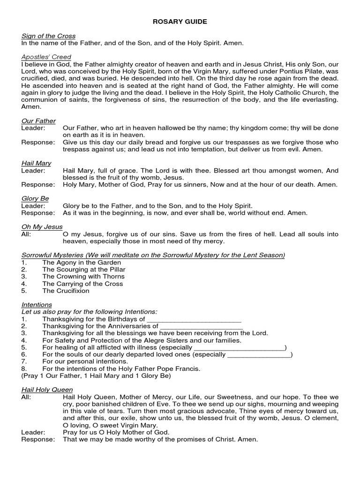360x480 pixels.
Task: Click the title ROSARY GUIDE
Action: pyautogui.click(x=180, y=22)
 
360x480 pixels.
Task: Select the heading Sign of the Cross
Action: pyautogui.click(x=48, y=36)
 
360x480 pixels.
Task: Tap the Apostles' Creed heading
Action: pyautogui.click(x=46, y=57)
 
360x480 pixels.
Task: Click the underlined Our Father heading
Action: pyautogui.click(x=38, y=121)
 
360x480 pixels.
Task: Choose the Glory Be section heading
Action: pyautogui.click(x=35, y=198)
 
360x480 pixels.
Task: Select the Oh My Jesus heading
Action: pyautogui.click(x=42, y=227)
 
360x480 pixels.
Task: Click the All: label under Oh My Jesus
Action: pyautogui.click(x=26, y=234)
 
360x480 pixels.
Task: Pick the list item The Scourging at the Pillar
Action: pyautogui.click(x=84, y=270)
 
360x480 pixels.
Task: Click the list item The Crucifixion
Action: pyautogui.click(x=66, y=291)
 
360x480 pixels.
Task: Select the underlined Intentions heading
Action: pyautogui.click(x=37, y=305)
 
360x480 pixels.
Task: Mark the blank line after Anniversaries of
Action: pyautogui.click(x=201, y=326)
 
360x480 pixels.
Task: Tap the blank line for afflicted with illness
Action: pyautogui.click(x=239, y=348)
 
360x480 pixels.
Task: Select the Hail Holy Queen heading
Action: pyautogui.click(x=47, y=390)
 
